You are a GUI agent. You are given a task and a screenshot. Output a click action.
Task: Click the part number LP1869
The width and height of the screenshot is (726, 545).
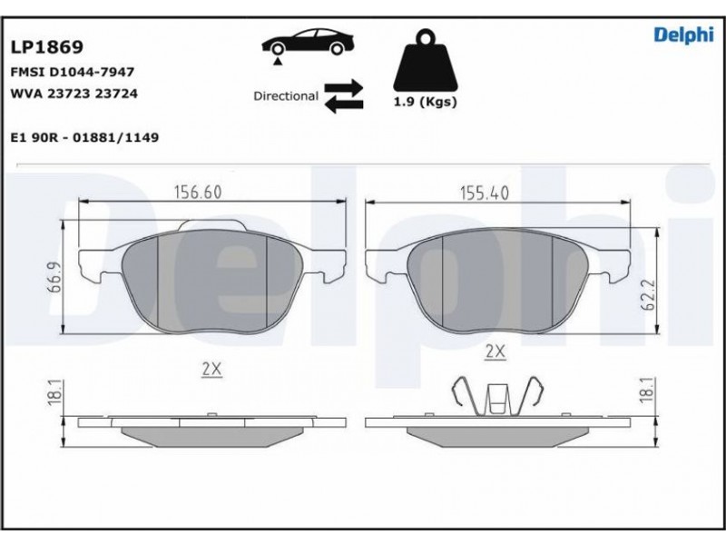47,47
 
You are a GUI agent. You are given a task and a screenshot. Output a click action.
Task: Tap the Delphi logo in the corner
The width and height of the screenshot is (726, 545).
683,35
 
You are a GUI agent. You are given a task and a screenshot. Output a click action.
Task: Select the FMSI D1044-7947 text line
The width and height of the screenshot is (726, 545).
73,72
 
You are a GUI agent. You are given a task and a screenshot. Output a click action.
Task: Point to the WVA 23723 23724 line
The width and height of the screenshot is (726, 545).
74,94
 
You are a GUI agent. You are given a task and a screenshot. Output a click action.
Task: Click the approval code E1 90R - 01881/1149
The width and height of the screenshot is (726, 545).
84,138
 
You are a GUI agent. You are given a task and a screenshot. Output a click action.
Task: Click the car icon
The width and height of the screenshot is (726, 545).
309,43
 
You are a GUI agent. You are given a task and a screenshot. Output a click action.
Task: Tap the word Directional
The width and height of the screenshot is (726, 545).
286,96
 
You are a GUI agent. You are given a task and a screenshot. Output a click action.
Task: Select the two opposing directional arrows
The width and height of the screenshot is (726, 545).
344,96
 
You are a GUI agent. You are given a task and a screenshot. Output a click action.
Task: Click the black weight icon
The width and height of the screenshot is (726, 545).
425,60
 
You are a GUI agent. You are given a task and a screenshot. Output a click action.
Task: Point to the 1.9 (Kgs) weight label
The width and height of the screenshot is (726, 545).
425,102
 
